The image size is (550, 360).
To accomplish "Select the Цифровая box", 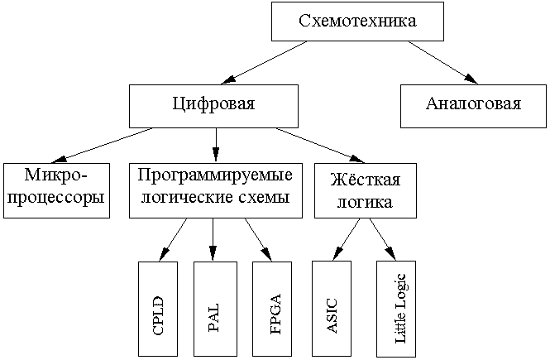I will tap(213, 105).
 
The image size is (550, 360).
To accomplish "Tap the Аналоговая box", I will tap(473, 105).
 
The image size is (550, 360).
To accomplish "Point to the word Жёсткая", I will tap(365, 180).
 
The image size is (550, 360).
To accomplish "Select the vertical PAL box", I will tap(213, 308).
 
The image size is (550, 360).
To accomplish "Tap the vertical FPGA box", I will tap(272, 308).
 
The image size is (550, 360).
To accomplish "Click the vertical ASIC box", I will tap(332, 308).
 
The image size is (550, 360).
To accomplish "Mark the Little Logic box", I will tap(397, 308).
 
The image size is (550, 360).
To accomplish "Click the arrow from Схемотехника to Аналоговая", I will tap(442, 62).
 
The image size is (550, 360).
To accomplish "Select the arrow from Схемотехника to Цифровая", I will tap(265, 62).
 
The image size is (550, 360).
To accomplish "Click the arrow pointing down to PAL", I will tap(213, 238).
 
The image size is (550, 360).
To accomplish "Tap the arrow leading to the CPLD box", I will tap(173, 238).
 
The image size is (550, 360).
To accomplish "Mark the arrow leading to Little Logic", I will tap(382, 238).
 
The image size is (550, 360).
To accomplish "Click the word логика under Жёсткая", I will tap(365, 201).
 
